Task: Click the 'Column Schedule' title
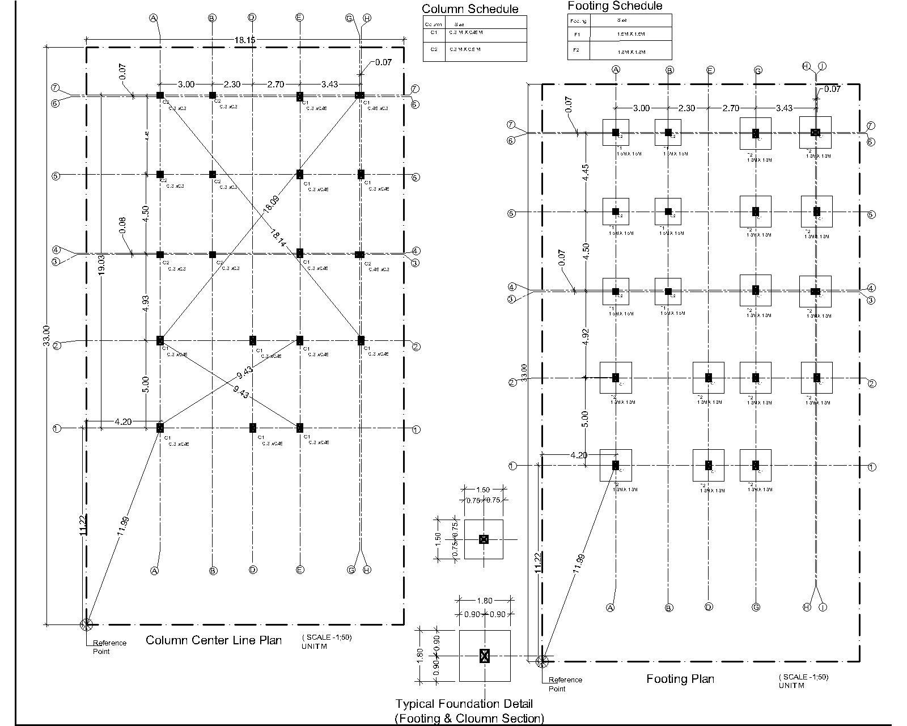(470, 9)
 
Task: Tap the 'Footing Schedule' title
(615, 6)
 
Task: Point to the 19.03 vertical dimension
(101, 265)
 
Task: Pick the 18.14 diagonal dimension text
(278, 237)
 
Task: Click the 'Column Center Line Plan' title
(214, 640)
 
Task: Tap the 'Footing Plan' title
(680, 679)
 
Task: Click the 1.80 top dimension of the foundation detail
(484, 601)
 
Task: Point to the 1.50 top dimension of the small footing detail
(483, 489)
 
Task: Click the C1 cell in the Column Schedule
(434, 33)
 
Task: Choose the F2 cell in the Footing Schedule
(577, 50)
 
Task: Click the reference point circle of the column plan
(86, 624)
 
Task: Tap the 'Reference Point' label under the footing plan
(565, 684)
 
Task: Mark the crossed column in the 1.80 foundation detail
(484, 656)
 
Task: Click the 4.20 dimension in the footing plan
(579, 455)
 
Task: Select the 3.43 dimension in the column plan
(329, 85)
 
